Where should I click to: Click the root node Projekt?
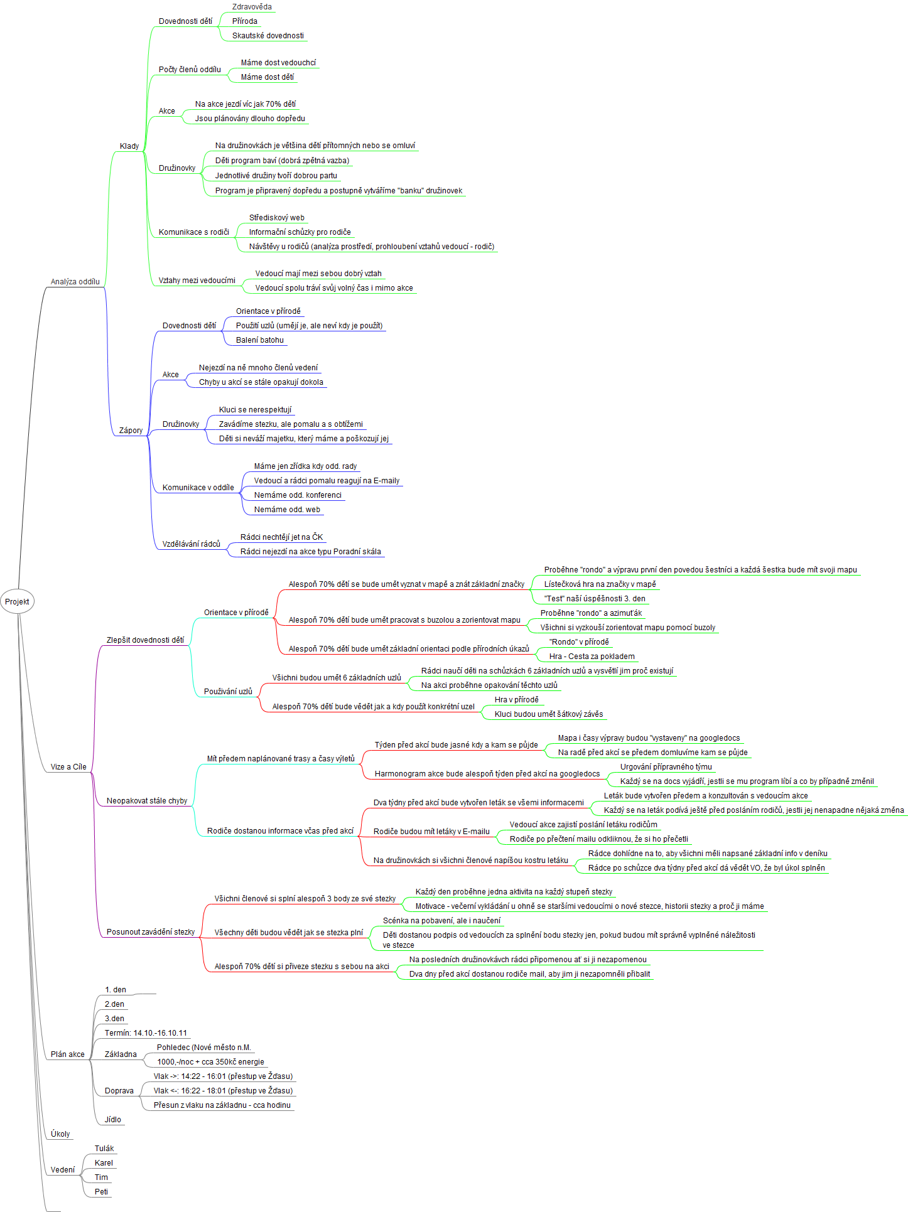click(17, 601)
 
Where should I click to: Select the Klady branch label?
click(129, 146)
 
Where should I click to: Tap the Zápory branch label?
click(131, 431)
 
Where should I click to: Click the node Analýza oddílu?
click(75, 282)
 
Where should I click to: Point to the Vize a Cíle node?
click(68, 767)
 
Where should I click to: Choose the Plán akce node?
click(68, 1054)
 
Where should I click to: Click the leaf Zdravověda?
click(252, 7)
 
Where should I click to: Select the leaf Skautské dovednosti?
click(268, 36)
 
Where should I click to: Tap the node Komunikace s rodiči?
click(194, 232)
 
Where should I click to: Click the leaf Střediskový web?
click(277, 218)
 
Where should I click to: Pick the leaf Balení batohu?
click(260, 340)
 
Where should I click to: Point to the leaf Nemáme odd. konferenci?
click(298, 495)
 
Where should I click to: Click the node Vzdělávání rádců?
click(192, 544)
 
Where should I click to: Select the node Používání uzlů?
click(228, 692)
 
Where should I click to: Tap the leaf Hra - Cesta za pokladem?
click(592, 657)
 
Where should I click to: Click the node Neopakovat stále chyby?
click(147, 801)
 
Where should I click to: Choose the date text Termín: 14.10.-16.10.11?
click(146, 1033)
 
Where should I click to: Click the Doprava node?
click(119, 1091)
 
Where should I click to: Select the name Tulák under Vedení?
click(104, 1149)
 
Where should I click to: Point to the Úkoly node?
click(60, 1134)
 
